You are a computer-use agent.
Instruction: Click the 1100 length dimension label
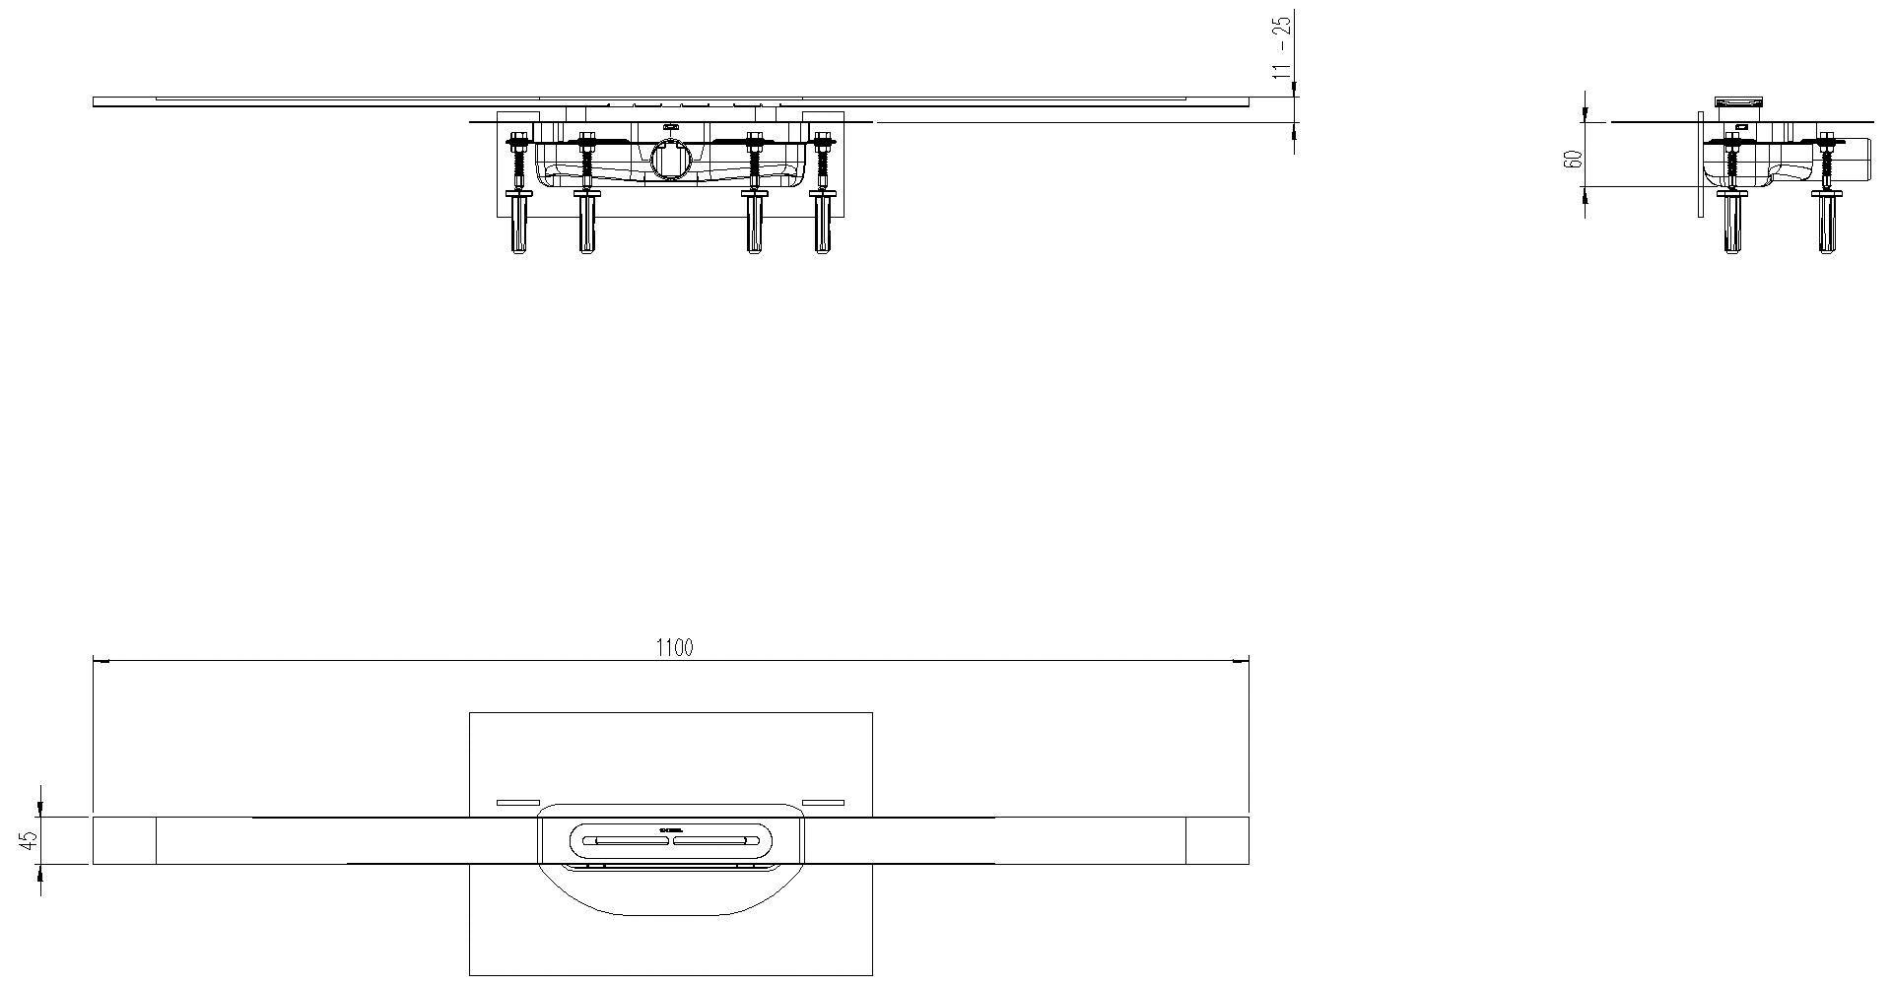click(x=674, y=647)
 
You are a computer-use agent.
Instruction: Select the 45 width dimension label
click(x=29, y=840)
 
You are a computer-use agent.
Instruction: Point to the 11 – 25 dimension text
click(x=1281, y=47)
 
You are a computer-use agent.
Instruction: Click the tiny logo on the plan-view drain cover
click(x=671, y=831)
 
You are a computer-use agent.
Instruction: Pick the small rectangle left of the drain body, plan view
click(x=517, y=803)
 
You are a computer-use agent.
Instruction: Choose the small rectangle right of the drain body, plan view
click(x=823, y=803)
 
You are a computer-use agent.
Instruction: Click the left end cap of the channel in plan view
click(x=124, y=840)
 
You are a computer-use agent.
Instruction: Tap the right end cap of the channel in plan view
click(x=1217, y=840)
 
